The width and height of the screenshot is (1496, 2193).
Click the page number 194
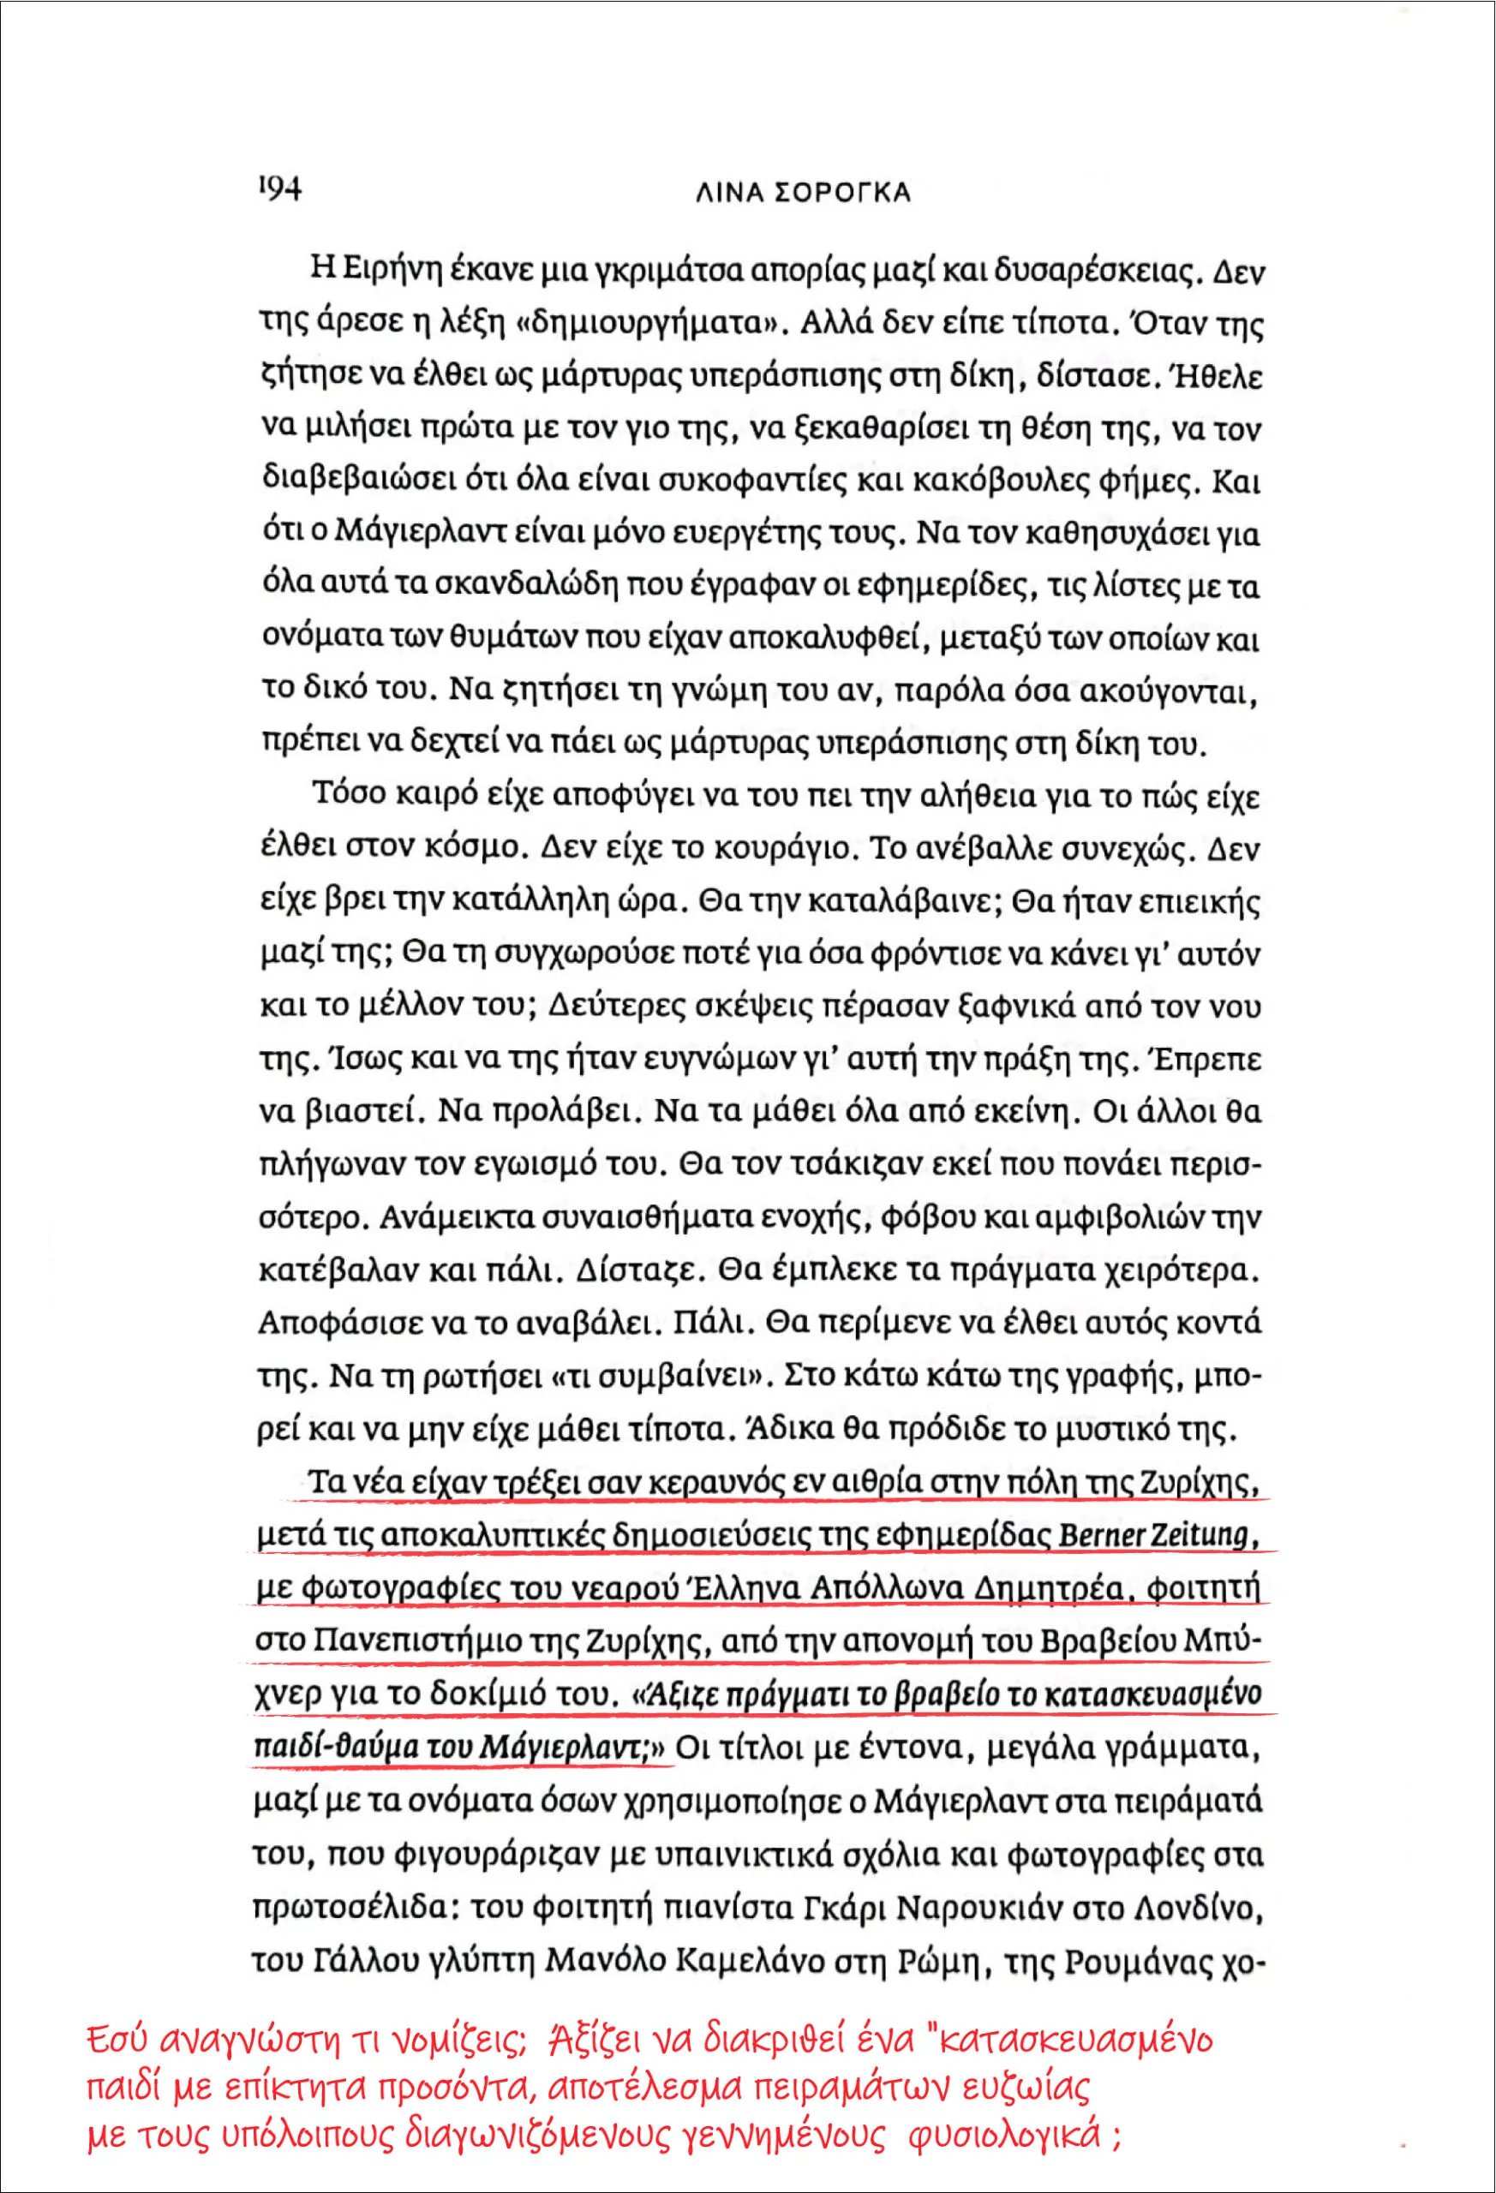[278, 188]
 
